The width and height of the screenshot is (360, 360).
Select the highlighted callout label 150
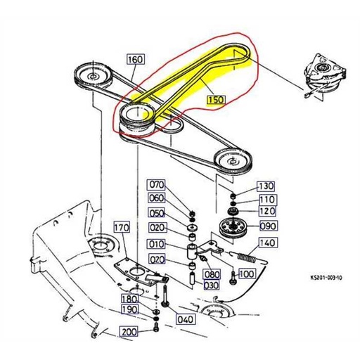tap(216, 101)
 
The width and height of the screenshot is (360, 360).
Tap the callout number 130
tap(265, 186)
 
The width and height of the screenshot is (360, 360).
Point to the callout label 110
tap(268, 200)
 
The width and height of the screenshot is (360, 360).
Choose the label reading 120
tap(268, 211)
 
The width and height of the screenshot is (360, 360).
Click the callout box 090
tap(269, 227)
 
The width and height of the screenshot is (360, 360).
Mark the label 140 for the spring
tap(267, 243)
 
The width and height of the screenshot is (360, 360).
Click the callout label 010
tap(156, 244)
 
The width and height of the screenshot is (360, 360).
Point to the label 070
tap(156, 185)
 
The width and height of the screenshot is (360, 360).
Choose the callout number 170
tap(122, 227)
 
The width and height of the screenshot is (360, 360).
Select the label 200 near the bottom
tap(129, 332)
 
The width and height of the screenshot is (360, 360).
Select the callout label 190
tap(129, 309)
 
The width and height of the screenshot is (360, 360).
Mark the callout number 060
tap(156, 199)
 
